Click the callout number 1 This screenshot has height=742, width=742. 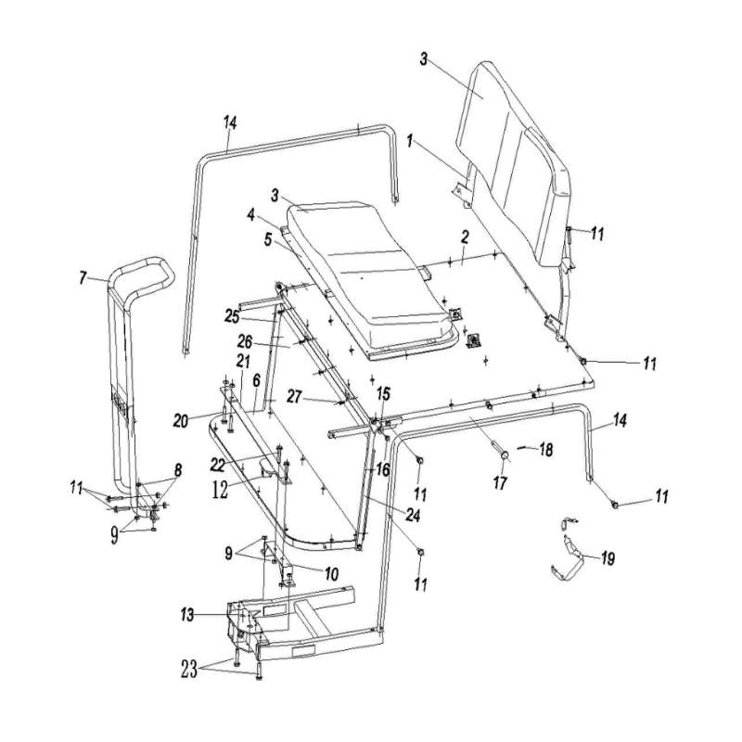click(x=410, y=143)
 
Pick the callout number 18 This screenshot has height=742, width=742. click(x=545, y=450)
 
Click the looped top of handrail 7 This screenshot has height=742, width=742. click(x=144, y=270)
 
